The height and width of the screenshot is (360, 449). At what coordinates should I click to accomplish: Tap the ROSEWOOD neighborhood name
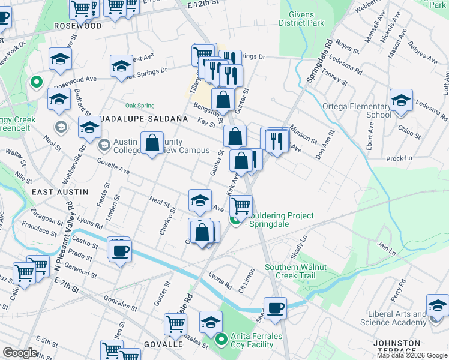click(x=77, y=26)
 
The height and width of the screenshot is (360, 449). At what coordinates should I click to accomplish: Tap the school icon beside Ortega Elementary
click(x=401, y=101)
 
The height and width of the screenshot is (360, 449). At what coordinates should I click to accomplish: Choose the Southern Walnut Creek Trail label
click(x=295, y=271)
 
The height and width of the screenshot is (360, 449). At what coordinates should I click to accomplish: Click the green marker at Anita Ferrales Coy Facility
click(x=221, y=340)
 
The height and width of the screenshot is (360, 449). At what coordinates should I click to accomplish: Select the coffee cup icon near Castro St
click(x=119, y=249)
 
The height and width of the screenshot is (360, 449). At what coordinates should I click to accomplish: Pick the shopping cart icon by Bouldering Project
click(x=241, y=205)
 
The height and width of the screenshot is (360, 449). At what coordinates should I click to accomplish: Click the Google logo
click(x=20, y=353)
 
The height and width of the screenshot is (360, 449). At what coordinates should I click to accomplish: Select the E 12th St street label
click(x=202, y=4)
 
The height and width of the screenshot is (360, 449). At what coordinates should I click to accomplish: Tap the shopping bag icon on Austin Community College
click(x=152, y=143)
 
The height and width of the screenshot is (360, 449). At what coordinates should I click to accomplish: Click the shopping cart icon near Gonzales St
click(x=175, y=324)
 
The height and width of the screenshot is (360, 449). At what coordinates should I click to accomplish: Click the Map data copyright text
click(x=412, y=355)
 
